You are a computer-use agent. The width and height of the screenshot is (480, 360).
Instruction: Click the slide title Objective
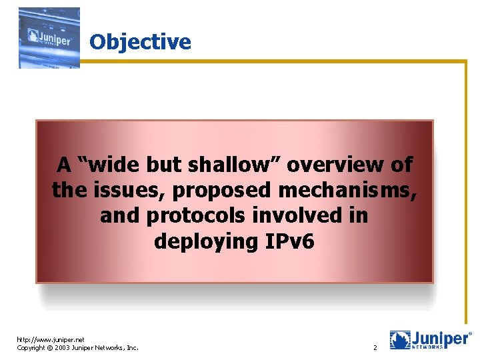[140, 42]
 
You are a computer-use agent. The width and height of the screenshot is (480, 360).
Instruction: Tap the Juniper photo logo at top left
[49, 37]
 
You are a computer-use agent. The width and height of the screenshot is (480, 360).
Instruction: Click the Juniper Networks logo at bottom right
[431, 340]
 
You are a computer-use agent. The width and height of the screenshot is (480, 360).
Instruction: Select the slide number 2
[375, 348]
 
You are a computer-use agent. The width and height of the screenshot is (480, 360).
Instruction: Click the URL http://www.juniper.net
[51, 339]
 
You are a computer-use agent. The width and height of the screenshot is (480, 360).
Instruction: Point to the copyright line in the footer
[77, 348]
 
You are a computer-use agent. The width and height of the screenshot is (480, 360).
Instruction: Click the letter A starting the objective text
[64, 165]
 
